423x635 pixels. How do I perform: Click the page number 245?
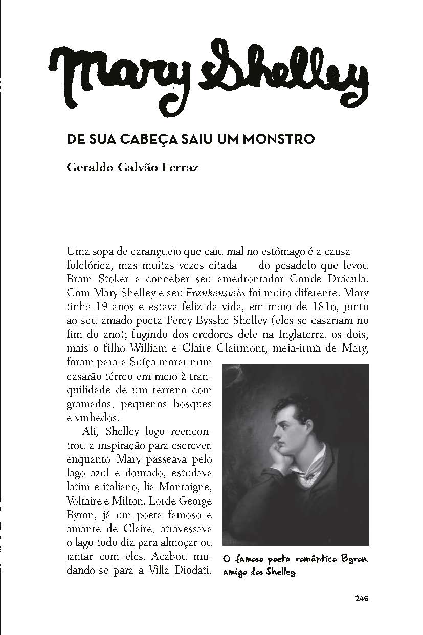coord(362,599)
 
